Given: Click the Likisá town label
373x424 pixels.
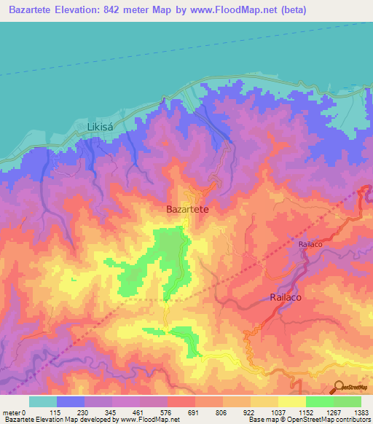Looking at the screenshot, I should tap(102, 127).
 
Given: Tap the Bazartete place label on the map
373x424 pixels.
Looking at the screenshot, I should tap(188, 209).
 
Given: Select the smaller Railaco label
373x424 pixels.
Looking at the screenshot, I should tap(315, 246).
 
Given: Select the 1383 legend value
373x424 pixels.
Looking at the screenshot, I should tap(361, 412).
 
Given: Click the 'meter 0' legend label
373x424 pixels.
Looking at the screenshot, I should tap(16, 412).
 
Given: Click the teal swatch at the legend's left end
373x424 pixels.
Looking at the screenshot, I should tap(43, 401).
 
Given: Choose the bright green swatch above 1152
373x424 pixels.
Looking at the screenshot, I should tap(319, 401).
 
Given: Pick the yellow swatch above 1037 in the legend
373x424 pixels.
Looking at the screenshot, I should tap(264, 401).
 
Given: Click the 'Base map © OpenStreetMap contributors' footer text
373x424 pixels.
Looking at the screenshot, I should tap(310, 420).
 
